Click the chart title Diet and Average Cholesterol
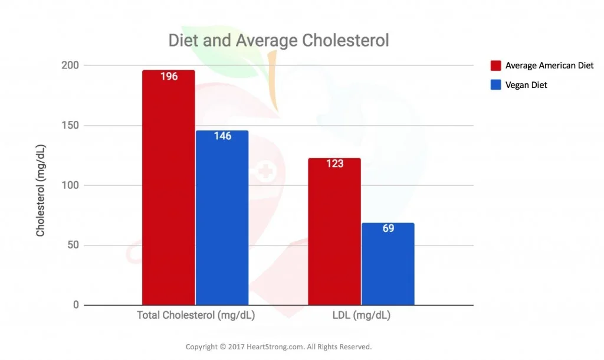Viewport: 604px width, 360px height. pyautogui.click(x=278, y=41)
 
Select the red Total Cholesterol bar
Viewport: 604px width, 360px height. pyautogui.click(x=169, y=195)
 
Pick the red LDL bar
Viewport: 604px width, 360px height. pyautogui.click(x=334, y=236)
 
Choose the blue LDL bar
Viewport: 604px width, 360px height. pyautogui.click(x=388, y=266)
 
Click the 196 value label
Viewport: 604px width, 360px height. pyautogui.click(x=169, y=77)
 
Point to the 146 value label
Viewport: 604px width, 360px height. pyautogui.click(x=222, y=136)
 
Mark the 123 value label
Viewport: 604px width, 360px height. pyautogui.click(x=334, y=163)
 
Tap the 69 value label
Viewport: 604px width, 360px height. pyautogui.click(x=388, y=228)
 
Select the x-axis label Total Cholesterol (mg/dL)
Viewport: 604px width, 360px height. pyautogui.click(x=196, y=316)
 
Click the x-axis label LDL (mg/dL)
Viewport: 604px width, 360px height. pyautogui.click(x=361, y=316)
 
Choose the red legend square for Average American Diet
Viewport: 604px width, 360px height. pyautogui.click(x=495, y=66)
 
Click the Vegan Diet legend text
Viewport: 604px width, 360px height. pyautogui.click(x=526, y=85)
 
